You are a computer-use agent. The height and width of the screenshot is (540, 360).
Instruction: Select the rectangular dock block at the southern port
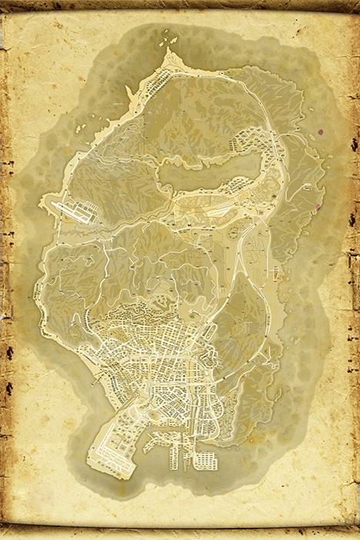coord(204,461)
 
